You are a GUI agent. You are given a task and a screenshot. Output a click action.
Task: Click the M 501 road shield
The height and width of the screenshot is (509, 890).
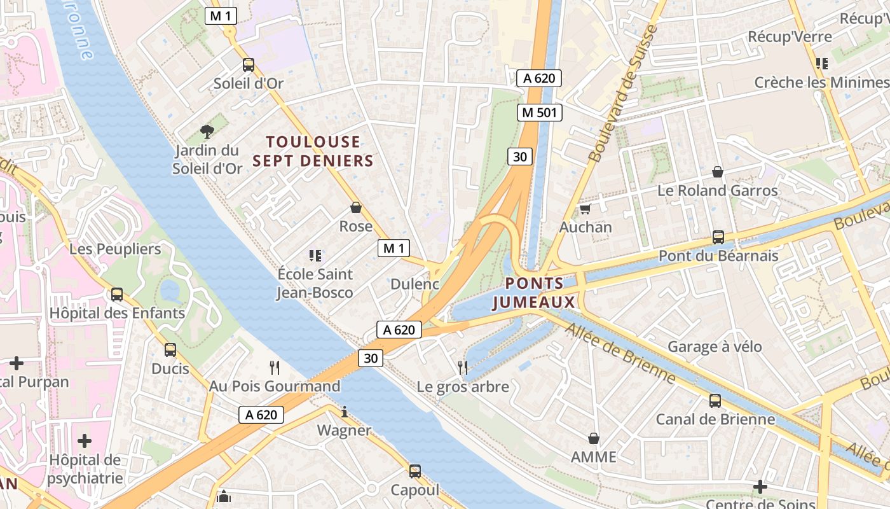pyautogui.click(x=539, y=113)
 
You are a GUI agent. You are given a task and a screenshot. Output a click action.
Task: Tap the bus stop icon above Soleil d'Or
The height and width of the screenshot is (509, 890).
pyautogui.click(x=248, y=65)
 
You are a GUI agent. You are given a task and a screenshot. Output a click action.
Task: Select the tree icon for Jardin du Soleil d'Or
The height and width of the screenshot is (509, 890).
pyautogui.click(x=207, y=132)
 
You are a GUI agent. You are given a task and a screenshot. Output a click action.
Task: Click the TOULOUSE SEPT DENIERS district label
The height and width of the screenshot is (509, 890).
pyautogui.click(x=313, y=151)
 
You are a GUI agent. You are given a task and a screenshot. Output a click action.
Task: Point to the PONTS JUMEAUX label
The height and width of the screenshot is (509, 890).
pyautogui.click(x=535, y=293)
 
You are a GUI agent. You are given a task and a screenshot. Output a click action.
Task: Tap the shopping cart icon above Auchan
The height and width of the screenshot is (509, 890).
pyautogui.click(x=585, y=209)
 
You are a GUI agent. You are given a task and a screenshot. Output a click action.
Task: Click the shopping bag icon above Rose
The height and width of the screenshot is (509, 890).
pyautogui.click(x=356, y=207)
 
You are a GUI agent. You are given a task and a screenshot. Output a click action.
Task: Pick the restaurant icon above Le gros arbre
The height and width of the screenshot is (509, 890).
pyautogui.click(x=463, y=367)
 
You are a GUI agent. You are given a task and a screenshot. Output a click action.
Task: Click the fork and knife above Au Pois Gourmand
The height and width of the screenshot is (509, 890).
pyautogui.click(x=275, y=367)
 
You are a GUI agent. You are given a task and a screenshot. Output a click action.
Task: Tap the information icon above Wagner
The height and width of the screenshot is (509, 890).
pyautogui.click(x=345, y=412)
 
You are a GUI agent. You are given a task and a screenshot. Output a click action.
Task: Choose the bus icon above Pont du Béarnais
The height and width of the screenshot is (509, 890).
pyautogui.click(x=718, y=237)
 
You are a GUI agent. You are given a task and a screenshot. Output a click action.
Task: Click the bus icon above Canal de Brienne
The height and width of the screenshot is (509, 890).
pyautogui.click(x=715, y=401)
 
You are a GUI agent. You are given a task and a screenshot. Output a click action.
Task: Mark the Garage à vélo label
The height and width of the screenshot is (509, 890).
pyautogui.click(x=715, y=347)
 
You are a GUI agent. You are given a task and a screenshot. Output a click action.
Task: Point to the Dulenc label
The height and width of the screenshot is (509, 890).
pyautogui.click(x=414, y=284)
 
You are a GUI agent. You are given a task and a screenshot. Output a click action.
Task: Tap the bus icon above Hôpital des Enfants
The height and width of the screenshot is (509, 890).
pyautogui.click(x=117, y=295)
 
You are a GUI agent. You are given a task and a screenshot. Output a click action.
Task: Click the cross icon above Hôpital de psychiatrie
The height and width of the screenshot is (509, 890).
pyautogui.click(x=84, y=441)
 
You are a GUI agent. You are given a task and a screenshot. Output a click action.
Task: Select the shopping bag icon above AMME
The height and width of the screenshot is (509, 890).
pyautogui.click(x=593, y=438)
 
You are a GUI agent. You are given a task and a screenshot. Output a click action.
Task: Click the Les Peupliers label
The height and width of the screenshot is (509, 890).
pyautogui.click(x=115, y=249)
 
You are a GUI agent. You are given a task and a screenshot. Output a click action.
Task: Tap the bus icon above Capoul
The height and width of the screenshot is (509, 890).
pyautogui.click(x=415, y=471)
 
